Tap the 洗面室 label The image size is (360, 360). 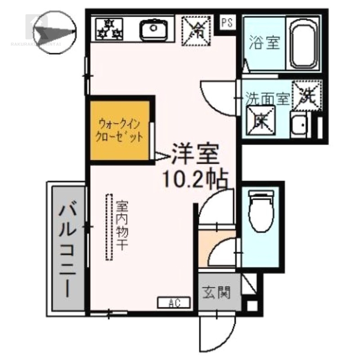pos(266,99)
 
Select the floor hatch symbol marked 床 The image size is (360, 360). pos(260,120)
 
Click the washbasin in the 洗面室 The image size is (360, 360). pos(299,126)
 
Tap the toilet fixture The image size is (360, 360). pos(261,211)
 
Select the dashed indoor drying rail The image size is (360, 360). pos(109,227)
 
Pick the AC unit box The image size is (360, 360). pos(174,303)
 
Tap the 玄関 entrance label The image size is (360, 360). pos(216,292)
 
